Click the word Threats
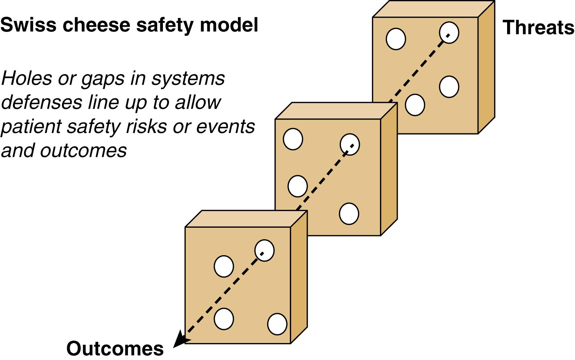pos(538,27)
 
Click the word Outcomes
pos(115,348)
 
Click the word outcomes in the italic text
pos(83,150)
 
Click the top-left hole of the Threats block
pos(396,39)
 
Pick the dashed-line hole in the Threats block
pos(449,33)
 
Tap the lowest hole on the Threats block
pos(415,105)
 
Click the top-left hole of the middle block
pos(293,139)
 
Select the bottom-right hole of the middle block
pos(349,214)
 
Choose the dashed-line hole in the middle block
pos(350,145)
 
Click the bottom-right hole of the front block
pos(277,324)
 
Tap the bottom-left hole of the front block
pos(224,319)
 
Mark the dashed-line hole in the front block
pos(264,250)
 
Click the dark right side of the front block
pos(299,278)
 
